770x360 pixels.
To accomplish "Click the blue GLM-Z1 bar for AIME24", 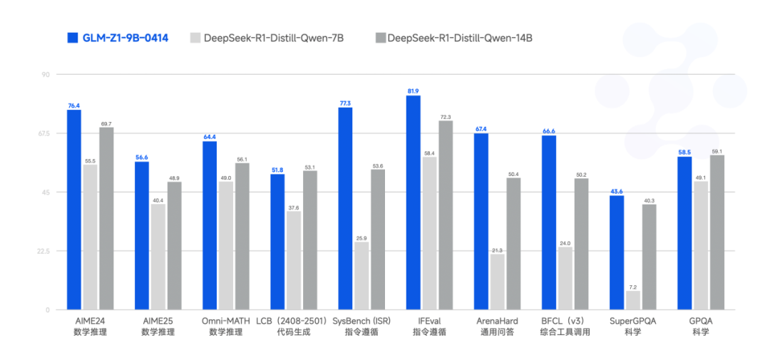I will pos(74,210).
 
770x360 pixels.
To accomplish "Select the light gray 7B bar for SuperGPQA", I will pos(633,300).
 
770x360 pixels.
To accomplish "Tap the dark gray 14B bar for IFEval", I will pos(446,215).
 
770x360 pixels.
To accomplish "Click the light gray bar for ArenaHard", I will pos(498,282).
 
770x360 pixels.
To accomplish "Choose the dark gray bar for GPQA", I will pos(717,232).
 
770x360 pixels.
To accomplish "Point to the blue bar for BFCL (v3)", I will pos(549,222).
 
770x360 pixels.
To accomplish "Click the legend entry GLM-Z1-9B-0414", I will pos(118,38).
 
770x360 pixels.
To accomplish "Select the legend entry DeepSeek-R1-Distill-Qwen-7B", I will pos(267,38).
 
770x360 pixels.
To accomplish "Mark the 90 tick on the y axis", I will pos(45,74).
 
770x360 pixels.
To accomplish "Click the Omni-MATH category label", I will pos(226,321).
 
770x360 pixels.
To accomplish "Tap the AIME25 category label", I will pos(158,321).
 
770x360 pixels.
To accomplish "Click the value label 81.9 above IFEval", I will pos(413,91).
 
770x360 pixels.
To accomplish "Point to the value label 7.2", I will pos(633,287).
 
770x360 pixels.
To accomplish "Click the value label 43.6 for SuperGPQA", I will pos(617,191).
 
